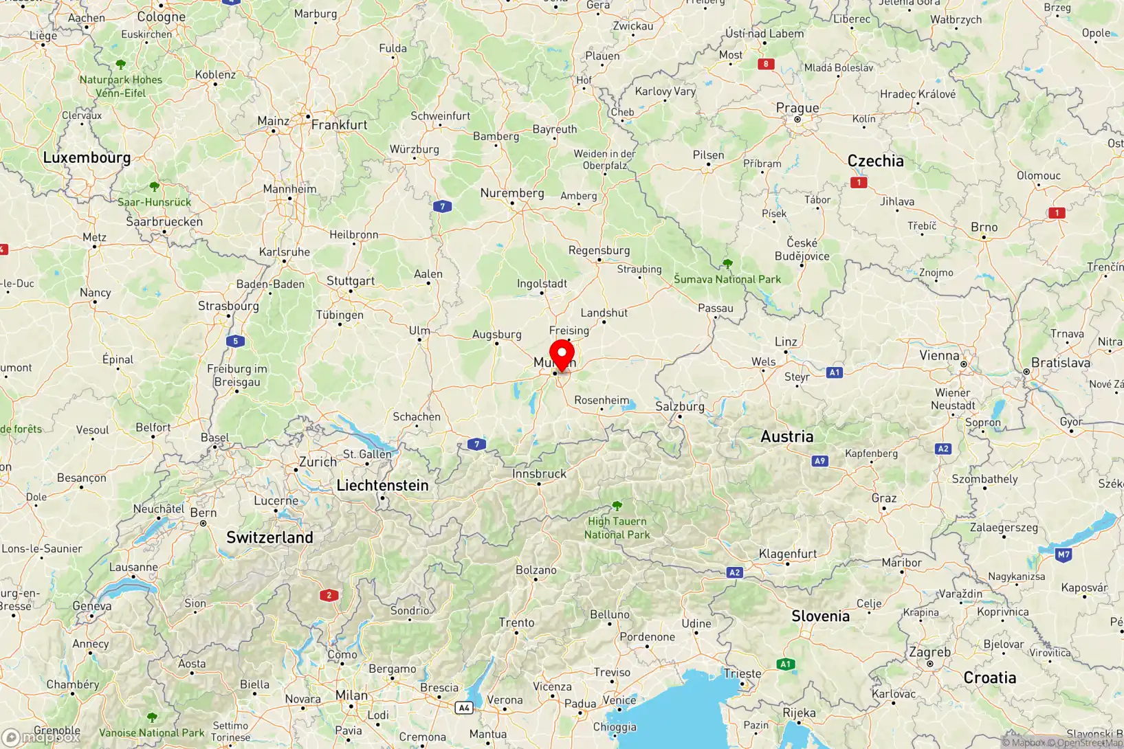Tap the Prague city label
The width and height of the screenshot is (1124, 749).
(x=797, y=108)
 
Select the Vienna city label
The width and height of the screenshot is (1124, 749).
(x=939, y=355)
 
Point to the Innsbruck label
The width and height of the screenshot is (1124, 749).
(x=539, y=473)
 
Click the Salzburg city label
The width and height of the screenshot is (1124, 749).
(x=679, y=406)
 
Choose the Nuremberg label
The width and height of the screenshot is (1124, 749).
(x=512, y=193)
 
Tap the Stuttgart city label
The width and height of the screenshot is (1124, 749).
(x=351, y=280)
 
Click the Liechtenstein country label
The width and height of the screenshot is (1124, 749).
(x=382, y=485)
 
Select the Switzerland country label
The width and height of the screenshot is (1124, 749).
(x=269, y=537)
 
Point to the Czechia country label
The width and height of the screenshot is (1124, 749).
(x=875, y=161)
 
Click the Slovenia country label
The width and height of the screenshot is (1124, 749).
(x=820, y=616)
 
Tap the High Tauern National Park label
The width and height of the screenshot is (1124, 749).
(x=617, y=528)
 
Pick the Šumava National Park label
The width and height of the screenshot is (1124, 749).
(x=727, y=279)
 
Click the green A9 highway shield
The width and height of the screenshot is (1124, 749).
(x=819, y=461)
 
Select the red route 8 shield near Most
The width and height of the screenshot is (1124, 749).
(x=766, y=64)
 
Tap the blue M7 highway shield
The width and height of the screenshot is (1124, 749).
(x=1064, y=555)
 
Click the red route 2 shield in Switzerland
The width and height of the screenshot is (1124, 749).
(x=329, y=595)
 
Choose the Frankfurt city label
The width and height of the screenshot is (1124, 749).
(x=340, y=124)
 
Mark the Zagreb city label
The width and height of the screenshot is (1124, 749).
(x=929, y=652)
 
